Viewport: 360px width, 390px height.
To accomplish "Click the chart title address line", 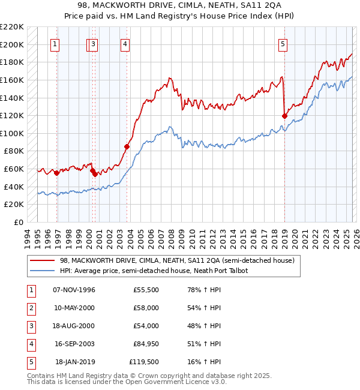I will pyautogui.click(x=180, y=5).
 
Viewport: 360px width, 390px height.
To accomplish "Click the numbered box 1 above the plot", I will pyautogui.click(x=55, y=43).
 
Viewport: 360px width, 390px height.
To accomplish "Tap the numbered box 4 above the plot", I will pyautogui.click(x=125, y=43).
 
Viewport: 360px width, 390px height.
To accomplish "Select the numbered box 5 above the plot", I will pyautogui.click(x=283, y=43).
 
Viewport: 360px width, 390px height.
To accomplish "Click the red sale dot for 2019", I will pyautogui.click(x=284, y=116).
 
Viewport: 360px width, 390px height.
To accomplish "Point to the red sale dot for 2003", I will pyautogui.click(x=127, y=146).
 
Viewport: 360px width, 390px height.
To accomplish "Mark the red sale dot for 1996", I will pyautogui.click(x=57, y=173).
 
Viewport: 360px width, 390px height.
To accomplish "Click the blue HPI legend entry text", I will pyautogui.click(x=154, y=271).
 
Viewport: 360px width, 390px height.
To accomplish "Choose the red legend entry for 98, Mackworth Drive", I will pyautogui.click(x=177, y=261).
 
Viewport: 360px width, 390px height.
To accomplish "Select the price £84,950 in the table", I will pyautogui.click(x=146, y=344).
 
